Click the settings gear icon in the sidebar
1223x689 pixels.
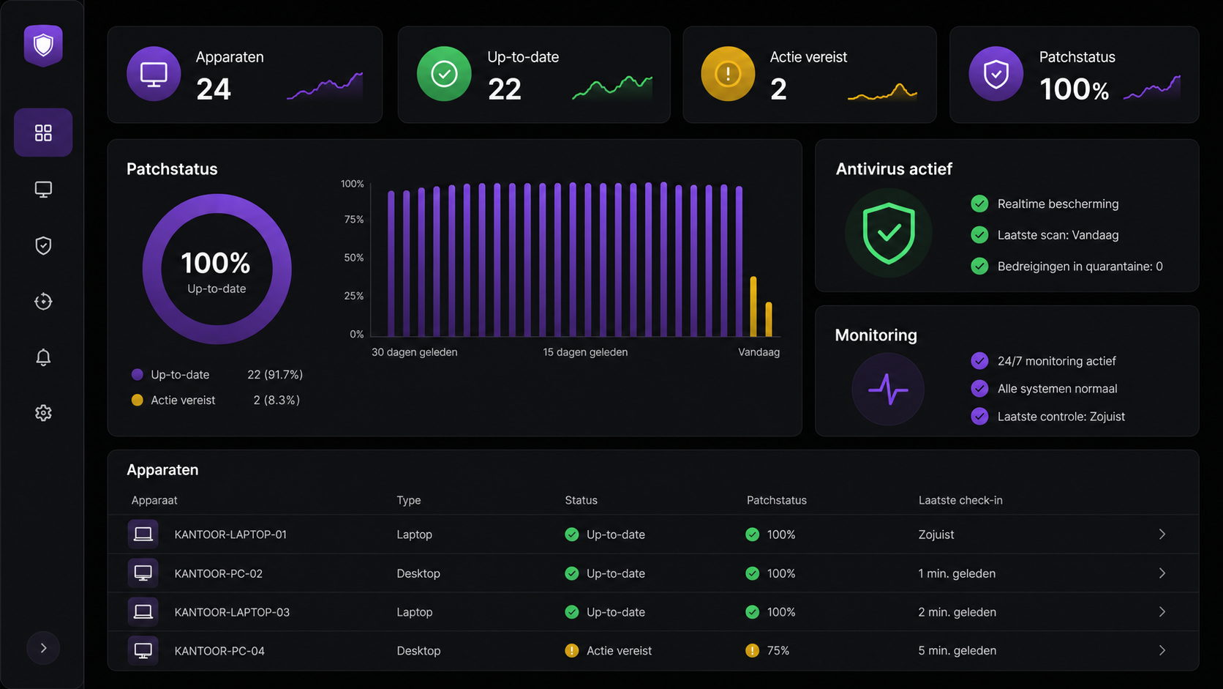click(43, 413)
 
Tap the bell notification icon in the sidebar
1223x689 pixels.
click(43, 357)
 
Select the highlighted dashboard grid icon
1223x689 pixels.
click(43, 133)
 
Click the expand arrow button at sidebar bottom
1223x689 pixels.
click(43, 648)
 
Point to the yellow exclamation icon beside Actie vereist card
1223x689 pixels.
click(728, 74)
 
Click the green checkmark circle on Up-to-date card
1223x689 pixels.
click(444, 74)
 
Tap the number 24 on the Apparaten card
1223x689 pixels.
click(214, 89)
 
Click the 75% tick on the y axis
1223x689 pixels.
click(354, 219)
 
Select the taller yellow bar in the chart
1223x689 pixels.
click(753, 307)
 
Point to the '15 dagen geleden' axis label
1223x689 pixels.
click(585, 352)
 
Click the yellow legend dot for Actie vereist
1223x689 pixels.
click(137, 400)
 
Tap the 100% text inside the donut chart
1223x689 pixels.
click(216, 264)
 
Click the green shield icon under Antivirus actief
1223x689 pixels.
click(888, 234)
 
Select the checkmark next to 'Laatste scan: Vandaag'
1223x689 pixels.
click(979, 235)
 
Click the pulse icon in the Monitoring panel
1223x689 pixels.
click(888, 389)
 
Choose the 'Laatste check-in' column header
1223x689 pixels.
click(960, 500)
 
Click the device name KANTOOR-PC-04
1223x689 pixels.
click(219, 651)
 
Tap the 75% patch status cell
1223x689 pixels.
click(778, 650)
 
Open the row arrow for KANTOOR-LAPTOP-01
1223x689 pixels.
click(1162, 535)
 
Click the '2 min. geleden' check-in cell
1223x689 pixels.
click(957, 612)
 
